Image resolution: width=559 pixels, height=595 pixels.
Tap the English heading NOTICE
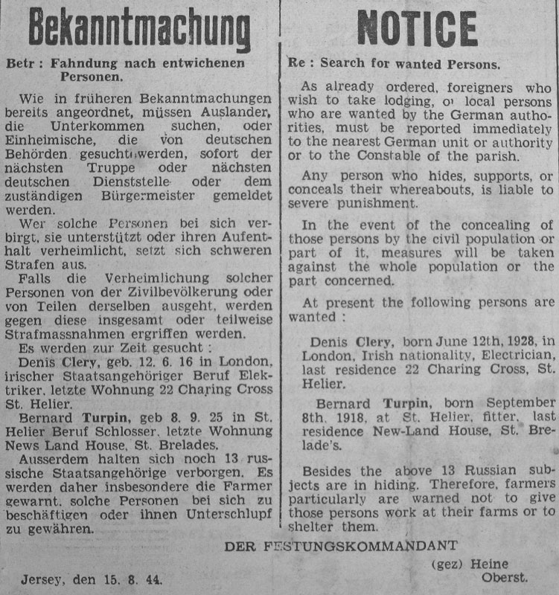[418, 30]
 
